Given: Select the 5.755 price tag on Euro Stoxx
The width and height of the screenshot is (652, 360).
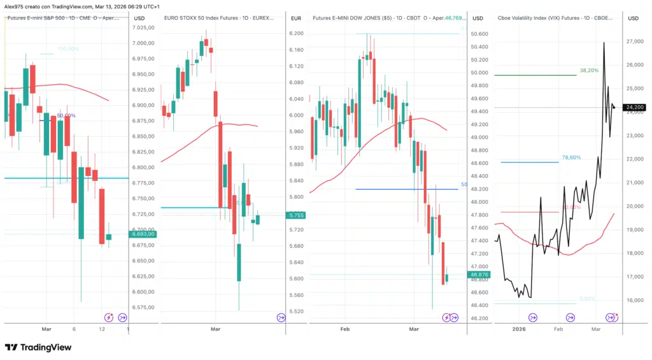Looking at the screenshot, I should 295,215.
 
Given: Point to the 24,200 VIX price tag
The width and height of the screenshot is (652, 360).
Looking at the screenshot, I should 633,108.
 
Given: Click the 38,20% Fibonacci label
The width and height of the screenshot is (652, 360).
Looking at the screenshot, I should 589,71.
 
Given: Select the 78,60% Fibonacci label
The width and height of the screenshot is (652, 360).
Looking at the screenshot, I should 571,157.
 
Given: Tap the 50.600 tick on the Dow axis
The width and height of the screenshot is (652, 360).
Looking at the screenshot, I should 479,34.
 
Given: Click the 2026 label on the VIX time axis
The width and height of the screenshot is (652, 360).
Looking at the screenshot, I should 519,329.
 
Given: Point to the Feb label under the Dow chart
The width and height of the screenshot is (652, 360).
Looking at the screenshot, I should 345,329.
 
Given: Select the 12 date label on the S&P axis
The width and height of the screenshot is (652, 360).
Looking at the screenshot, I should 101,329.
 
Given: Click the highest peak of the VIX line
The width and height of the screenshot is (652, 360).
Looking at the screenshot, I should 604,42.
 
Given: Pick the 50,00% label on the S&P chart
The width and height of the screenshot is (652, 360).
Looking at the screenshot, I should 66,115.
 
